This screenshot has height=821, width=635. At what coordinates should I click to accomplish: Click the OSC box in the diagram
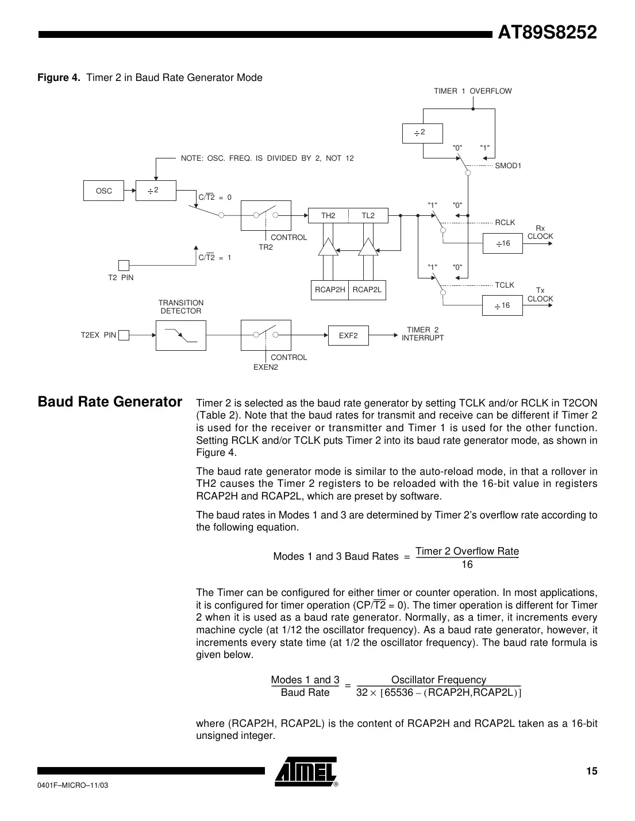coord(104,191)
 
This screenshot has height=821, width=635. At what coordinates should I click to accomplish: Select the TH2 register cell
coord(328,216)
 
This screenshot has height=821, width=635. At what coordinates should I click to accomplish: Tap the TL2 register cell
coord(368,216)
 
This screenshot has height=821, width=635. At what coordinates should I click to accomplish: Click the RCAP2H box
coord(329,290)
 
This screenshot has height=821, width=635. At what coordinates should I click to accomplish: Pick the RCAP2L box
coord(367,290)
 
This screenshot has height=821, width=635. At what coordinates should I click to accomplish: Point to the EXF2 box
coord(348,335)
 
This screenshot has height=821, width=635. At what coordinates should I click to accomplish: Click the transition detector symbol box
coord(180,335)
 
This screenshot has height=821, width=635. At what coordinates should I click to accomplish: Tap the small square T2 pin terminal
coord(124,265)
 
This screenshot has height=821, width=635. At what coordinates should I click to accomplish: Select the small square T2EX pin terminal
coord(124,335)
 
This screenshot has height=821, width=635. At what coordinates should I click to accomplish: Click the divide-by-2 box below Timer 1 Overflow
coord(422,133)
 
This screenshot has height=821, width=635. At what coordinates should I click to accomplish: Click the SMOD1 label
coord(508,166)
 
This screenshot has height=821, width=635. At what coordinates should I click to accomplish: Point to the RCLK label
coord(505,222)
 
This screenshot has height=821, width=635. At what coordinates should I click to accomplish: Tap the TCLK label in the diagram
coord(505,285)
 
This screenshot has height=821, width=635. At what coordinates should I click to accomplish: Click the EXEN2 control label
coord(265,367)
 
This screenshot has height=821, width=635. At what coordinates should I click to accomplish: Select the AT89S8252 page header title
coord(547,33)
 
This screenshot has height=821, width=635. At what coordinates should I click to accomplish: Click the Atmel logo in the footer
coord(306,772)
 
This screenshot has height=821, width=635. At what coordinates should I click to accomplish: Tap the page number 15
coord(591,771)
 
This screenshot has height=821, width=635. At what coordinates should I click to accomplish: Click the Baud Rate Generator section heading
coord(110,402)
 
